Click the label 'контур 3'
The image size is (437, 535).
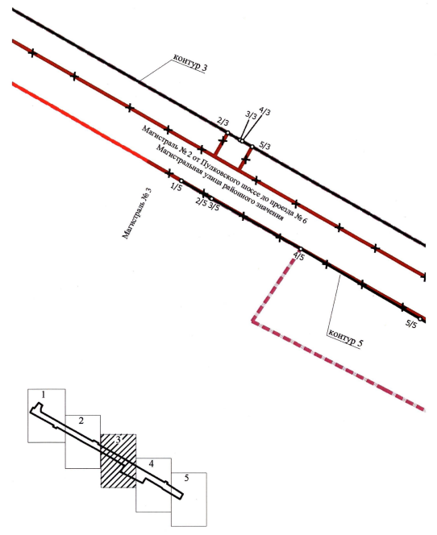[190, 62]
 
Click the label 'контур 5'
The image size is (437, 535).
[345, 338]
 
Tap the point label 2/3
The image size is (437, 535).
[223, 122]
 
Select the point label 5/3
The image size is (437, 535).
[265, 146]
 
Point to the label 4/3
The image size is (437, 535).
[265, 111]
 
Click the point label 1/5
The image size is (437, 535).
[176, 187]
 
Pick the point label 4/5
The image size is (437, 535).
[298, 256]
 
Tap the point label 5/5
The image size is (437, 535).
[411, 324]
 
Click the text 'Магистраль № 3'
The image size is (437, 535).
[137, 214]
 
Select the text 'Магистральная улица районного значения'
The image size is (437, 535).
[219, 183]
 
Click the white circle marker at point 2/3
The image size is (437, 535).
[228, 133]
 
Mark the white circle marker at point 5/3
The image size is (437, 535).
[252, 147]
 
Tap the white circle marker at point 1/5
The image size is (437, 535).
[181, 180]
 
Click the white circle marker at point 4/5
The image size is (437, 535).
[301, 249]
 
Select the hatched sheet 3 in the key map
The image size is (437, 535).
[119, 461]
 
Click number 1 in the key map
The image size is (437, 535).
[44, 395]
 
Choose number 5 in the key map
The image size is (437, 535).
[186, 478]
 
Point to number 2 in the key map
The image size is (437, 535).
[81, 421]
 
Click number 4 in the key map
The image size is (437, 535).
[152, 463]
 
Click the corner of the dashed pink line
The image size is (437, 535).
[253, 321]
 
